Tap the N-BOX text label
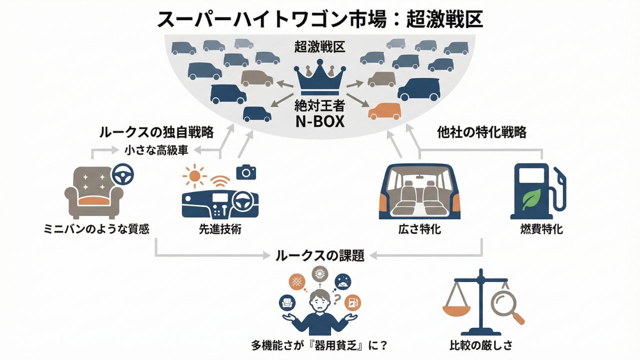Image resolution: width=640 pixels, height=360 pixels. (x=320, y=121)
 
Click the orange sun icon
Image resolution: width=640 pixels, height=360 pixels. (x=195, y=176)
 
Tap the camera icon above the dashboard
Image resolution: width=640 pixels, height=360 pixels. (x=245, y=172)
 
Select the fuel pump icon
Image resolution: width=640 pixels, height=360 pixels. (x=536, y=192)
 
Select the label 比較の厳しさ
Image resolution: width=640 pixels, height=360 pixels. (x=480, y=345)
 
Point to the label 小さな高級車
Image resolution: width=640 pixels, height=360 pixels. (x=156, y=149)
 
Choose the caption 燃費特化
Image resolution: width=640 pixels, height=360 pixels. (x=541, y=229)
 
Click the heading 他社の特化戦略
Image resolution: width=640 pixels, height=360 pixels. (x=481, y=133)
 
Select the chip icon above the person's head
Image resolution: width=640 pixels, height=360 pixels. (x=319, y=273)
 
